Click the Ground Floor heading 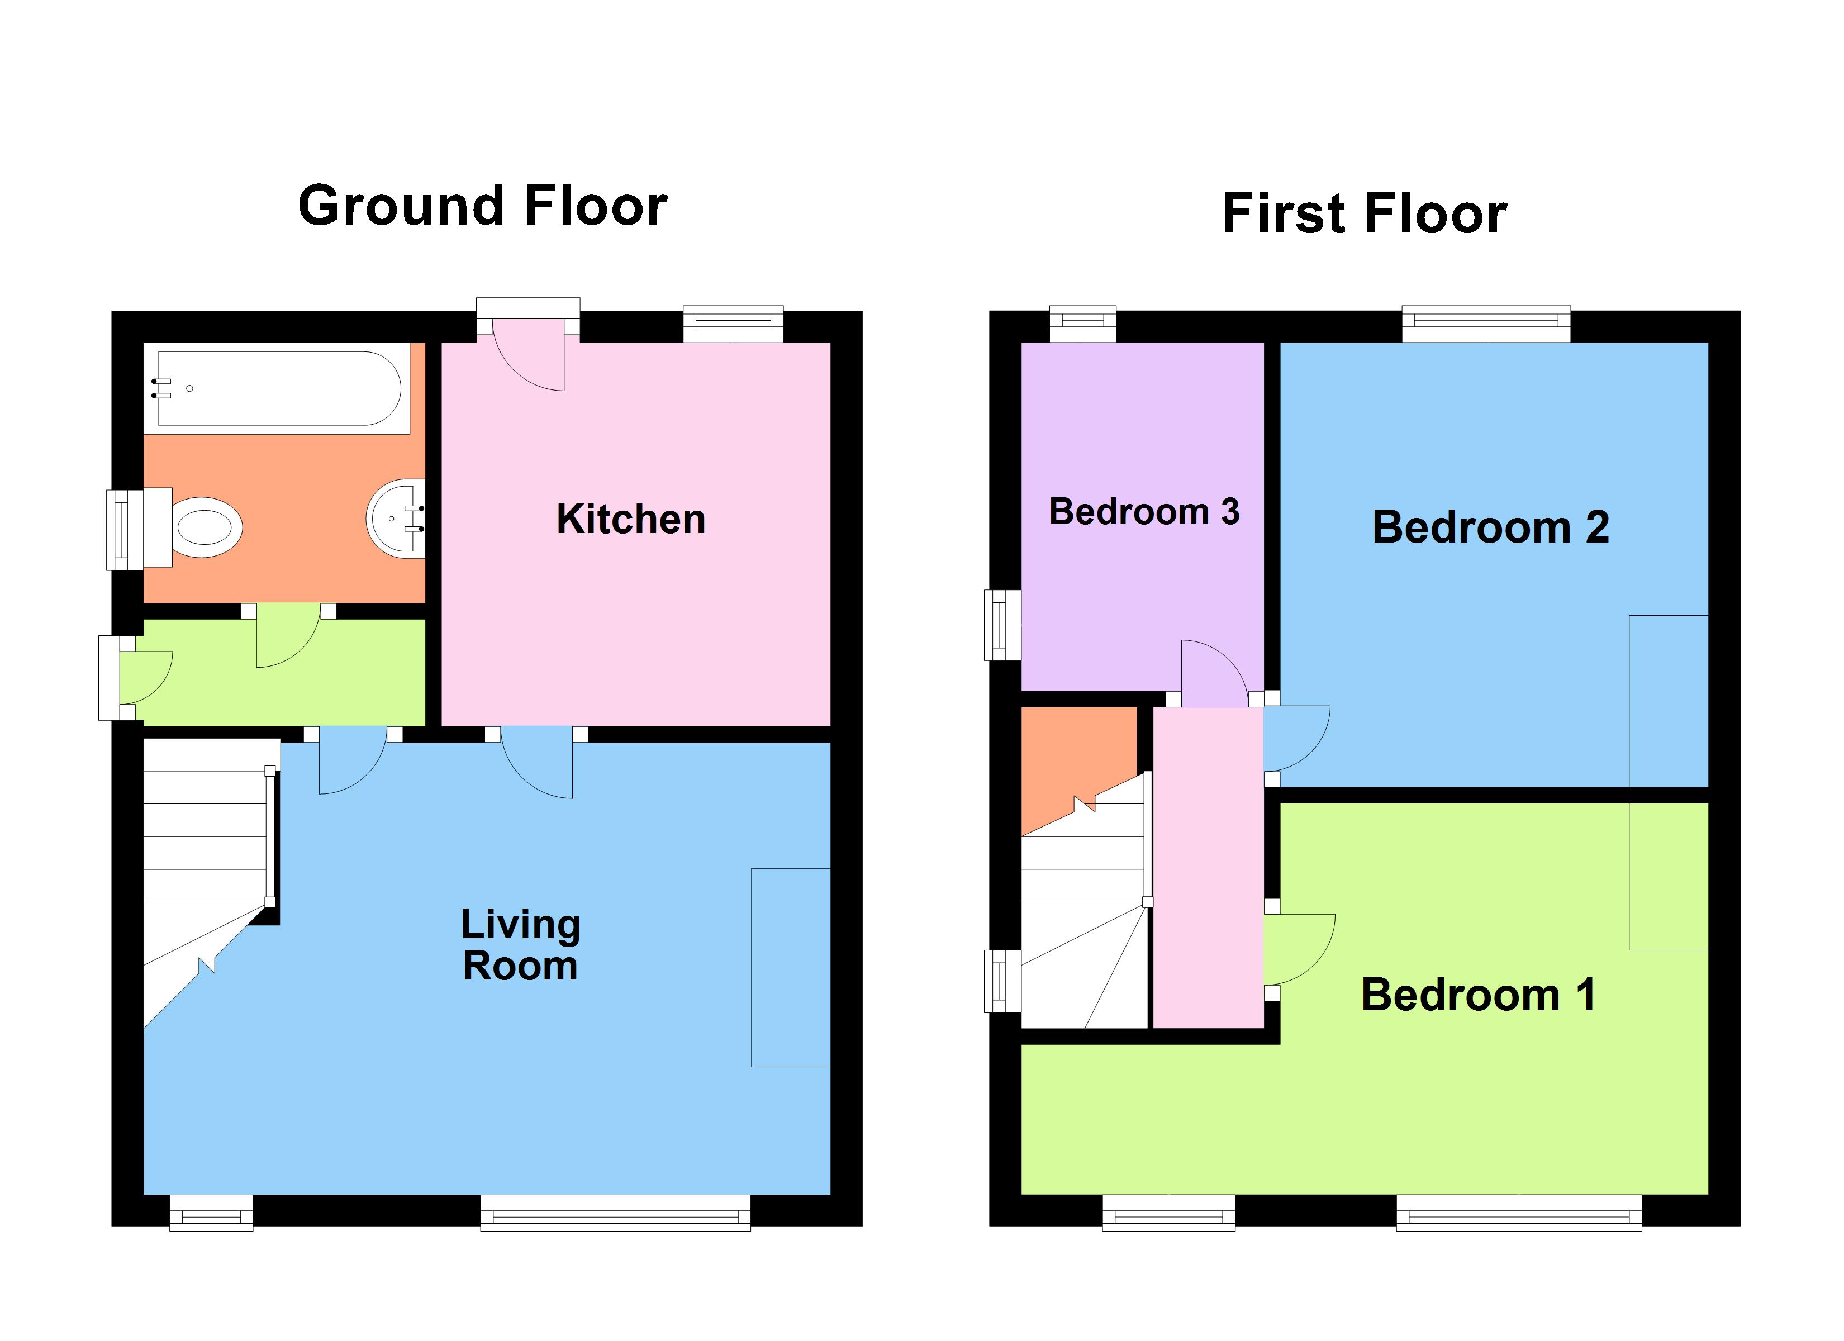(x=483, y=206)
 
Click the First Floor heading (x=1365, y=214)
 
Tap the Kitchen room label (x=630, y=519)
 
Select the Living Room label (x=520, y=945)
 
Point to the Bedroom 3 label (x=1144, y=511)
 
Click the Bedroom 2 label (x=1490, y=527)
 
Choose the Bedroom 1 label (x=1478, y=995)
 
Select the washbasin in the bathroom (x=397, y=518)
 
